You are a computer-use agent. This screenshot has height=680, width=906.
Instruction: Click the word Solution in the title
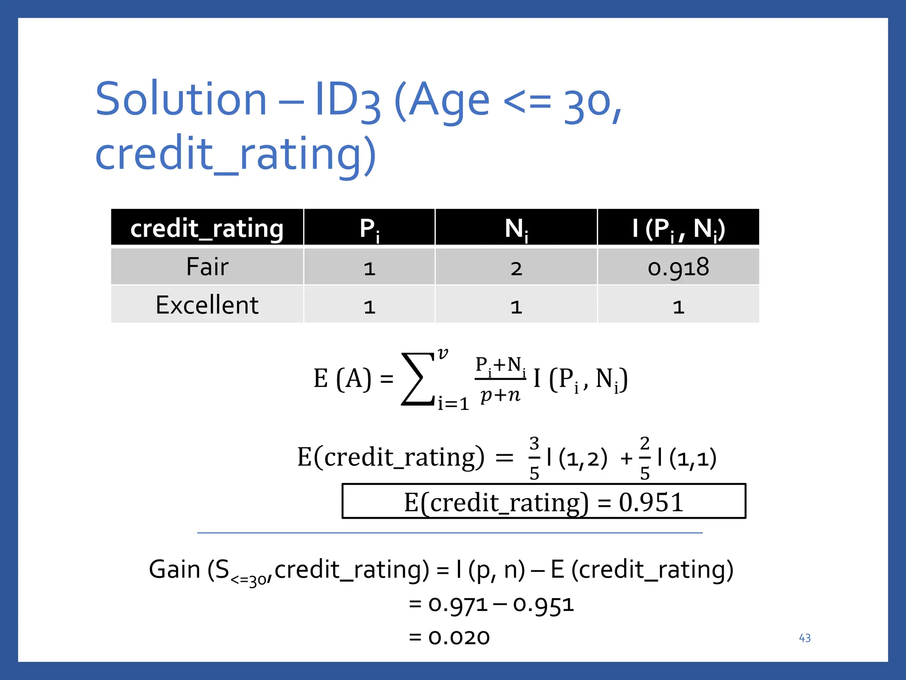click(x=181, y=99)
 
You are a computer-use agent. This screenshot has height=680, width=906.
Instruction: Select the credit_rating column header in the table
click(x=207, y=228)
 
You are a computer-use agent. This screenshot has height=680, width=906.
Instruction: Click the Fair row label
click(x=207, y=267)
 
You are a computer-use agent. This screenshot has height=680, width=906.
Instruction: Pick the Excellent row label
click(x=207, y=305)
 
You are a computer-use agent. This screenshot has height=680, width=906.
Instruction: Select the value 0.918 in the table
click(x=678, y=267)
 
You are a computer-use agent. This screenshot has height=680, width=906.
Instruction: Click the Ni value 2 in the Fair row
click(x=516, y=268)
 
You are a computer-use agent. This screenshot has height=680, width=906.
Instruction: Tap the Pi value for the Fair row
click(x=369, y=268)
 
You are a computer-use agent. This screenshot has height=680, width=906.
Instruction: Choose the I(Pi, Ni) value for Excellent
click(x=678, y=307)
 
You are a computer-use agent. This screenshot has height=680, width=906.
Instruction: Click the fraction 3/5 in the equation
click(x=534, y=458)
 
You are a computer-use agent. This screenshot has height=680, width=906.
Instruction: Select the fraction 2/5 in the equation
click(x=645, y=458)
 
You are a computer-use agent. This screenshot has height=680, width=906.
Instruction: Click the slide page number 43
click(x=805, y=638)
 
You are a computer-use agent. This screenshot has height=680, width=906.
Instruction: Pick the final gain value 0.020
click(x=459, y=637)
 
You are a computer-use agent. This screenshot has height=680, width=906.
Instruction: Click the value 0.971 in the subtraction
click(x=457, y=604)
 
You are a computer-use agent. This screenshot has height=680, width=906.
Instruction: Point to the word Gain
click(x=174, y=569)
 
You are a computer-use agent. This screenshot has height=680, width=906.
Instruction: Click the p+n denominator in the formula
click(x=500, y=394)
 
